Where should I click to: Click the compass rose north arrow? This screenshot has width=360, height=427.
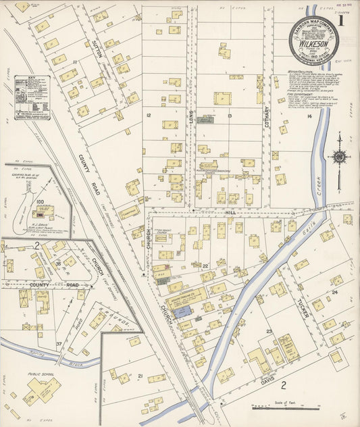pyautogui.click(x=338, y=157)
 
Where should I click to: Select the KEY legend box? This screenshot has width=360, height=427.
pyautogui.click(x=32, y=97)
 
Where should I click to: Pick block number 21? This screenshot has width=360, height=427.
pyautogui.click(x=140, y=376)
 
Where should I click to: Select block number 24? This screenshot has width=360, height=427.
pyautogui.click(x=334, y=293)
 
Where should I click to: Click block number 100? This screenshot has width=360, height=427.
pyautogui.click(x=40, y=201)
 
